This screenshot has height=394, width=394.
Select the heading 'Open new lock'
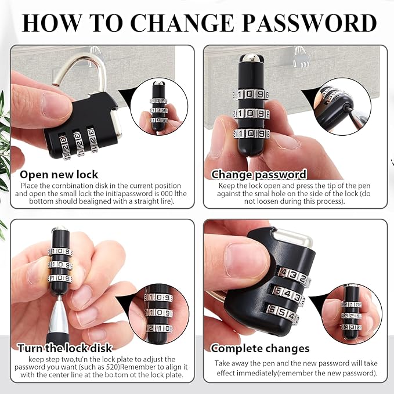coord(59,175)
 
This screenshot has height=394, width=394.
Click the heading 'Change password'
coord(259,175)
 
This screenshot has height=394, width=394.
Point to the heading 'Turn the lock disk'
coord(65,348)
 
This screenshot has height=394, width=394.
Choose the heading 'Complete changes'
coord(260,349)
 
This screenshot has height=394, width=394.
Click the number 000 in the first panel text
coord(167,193)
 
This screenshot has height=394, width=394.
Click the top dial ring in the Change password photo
coord(251,95)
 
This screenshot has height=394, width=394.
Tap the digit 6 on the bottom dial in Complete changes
coord(272,309)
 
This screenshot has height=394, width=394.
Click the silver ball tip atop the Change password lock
coord(251,58)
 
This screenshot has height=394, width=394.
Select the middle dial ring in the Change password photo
coord(251,114)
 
